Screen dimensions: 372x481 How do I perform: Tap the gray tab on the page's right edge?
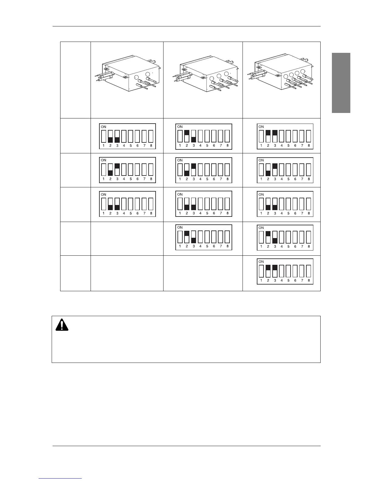pos(341,83)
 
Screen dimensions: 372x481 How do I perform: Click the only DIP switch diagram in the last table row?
pos(285,271)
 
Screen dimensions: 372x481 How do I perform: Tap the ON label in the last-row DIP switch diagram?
pos(261,261)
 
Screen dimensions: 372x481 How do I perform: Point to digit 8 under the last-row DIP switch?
pos(309,281)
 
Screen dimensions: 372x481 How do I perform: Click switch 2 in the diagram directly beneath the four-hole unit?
pos(268,136)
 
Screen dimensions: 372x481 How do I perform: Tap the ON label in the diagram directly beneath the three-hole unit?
pos(180,127)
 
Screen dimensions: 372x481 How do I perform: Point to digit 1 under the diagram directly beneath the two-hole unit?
pos(104,146)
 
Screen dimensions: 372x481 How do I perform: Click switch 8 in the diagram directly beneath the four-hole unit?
pos(309,136)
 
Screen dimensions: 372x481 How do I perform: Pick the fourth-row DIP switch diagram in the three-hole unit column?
pos(204,237)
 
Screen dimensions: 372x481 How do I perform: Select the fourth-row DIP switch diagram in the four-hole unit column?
pos(285,237)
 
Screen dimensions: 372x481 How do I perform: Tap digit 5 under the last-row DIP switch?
pos(288,281)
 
